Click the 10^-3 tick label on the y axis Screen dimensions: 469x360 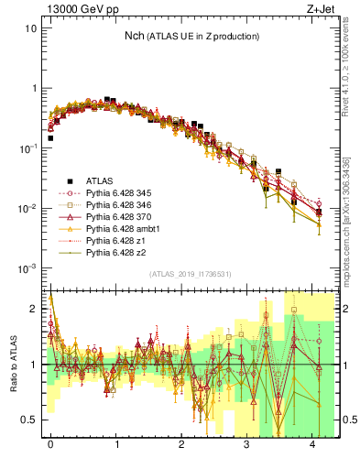pyautogui.click(x=27, y=268)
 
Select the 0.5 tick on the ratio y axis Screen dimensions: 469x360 pyautogui.click(x=28, y=420)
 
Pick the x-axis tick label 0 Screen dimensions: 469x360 pyautogui.click(x=50, y=453)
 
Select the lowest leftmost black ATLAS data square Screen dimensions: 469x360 pyautogui.click(x=50, y=138)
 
